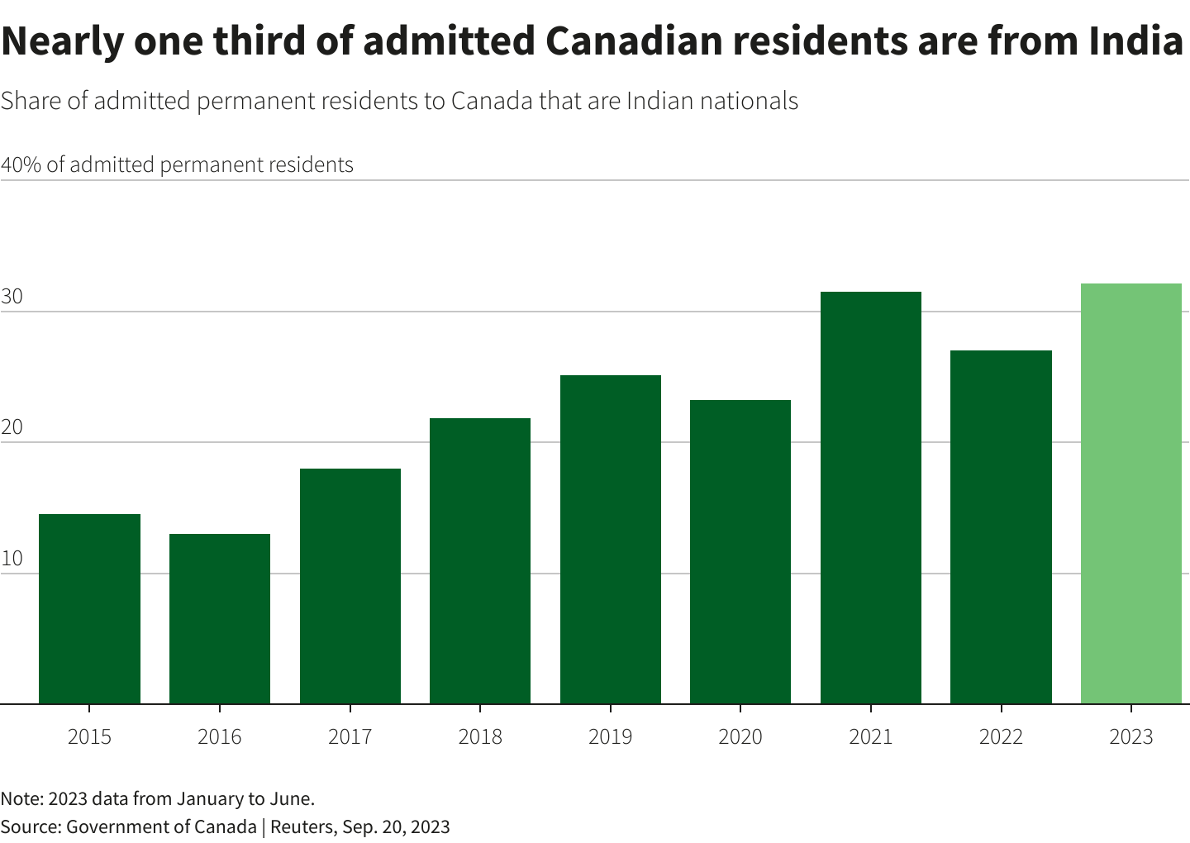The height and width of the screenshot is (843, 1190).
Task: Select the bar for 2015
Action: point(89,609)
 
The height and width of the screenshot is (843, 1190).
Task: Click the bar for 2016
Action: point(220,619)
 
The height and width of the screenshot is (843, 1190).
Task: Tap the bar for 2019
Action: point(610,540)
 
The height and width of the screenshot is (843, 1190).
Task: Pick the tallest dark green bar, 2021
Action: point(870,498)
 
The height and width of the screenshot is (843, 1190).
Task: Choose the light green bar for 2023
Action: point(1130,493)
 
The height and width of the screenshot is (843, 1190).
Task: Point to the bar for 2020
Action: point(740,552)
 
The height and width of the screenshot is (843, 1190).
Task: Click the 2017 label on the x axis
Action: point(350,736)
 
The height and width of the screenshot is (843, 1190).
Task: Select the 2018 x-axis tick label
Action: point(480,736)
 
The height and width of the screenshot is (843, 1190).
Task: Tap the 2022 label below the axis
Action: point(1001,736)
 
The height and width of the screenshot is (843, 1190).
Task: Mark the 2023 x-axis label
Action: point(1130,736)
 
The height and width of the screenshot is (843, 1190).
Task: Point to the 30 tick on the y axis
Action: point(12,298)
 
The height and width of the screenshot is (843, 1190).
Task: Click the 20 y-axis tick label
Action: point(12,428)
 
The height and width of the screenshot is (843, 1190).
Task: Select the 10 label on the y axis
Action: point(12,559)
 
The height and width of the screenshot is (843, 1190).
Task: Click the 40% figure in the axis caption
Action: point(21,164)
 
